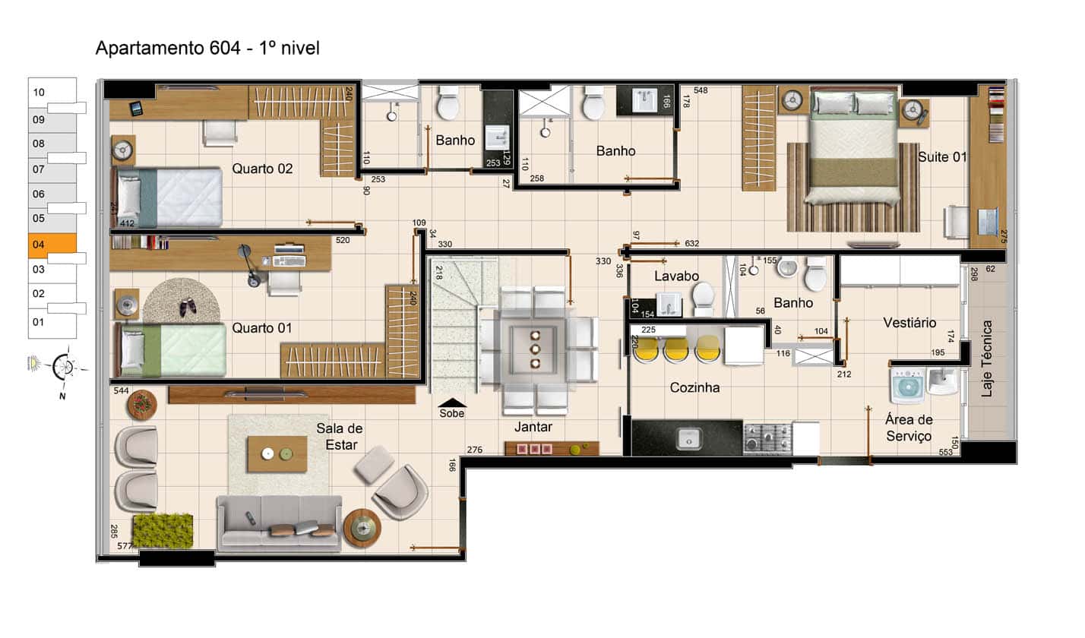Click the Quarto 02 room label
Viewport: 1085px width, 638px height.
pyautogui.click(x=262, y=169)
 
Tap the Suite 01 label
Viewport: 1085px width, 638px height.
pyautogui.click(x=942, y=156)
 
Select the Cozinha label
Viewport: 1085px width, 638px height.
pyautogui.click(x=694, y=387)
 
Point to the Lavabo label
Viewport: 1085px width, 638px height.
pyautogui.click(x=676, y=276)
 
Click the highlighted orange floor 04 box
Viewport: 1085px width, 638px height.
pyautogui.click(x=52, y=244)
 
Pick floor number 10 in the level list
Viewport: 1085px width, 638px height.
pyautogui.click(x=39, y=92)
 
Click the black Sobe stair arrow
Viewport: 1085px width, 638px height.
pyautogui.click(x=452, y=403)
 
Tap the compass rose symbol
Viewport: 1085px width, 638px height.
pyautogui.click(x=64, y=366)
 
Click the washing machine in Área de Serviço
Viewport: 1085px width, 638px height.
pyautogui.click(x=908, y=386)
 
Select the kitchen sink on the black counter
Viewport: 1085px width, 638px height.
pyautogui.click(x=688, y=440)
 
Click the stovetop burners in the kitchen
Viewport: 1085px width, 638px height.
pyautogui.click(x=767, y=438)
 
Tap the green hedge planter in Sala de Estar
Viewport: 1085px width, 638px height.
pyautogui.click(x=163, y=531)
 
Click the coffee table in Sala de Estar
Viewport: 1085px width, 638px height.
pyautogui.click(x=277, y=454)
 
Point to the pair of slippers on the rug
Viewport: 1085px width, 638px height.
pyautogui.click(x=188, y=307)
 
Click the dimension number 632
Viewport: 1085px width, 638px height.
pyautogui.click(x=691, y=243)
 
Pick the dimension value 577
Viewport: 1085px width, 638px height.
pyautogui.click(x=125, y=546)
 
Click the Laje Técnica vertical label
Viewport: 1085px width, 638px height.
pyautogui.click(x=987, y=358)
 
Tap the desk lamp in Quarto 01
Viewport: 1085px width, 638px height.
pyautogui.click(x=248, y=265)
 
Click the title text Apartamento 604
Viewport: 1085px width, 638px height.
pyautogui.click(x=168, y=48)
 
